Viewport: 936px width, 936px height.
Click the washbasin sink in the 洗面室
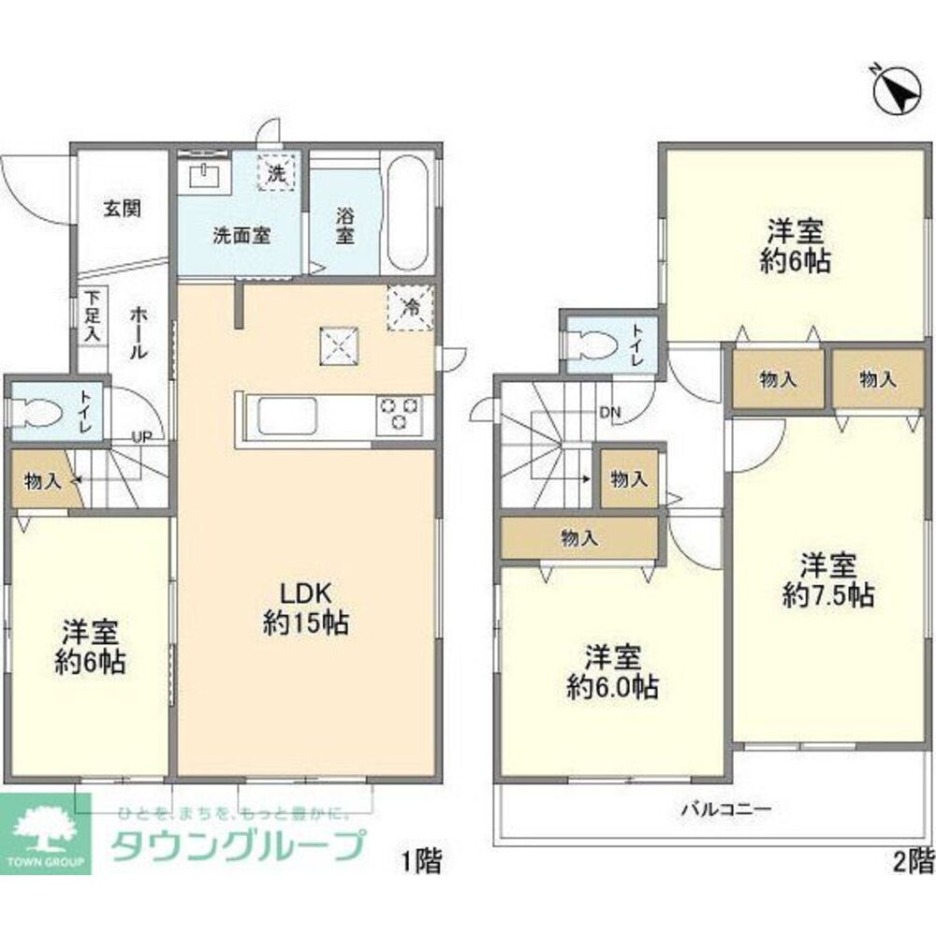coord(204,175)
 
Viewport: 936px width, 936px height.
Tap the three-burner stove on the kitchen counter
coord(400,413)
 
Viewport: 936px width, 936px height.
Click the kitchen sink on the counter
coord(285,415)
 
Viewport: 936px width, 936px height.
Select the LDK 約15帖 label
coord(305,608)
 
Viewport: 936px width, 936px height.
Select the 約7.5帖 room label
coord(827,580)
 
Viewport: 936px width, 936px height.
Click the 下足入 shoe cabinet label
coord(92,315)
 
